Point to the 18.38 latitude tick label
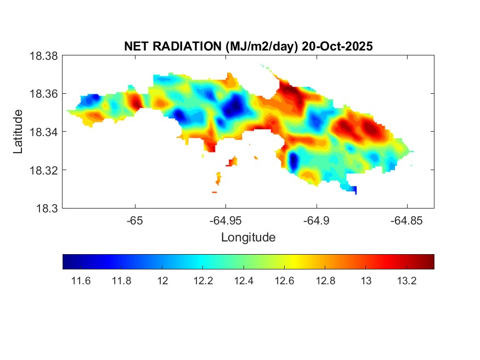pyautogui.click(x=43, y=55)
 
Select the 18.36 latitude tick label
pyautogui.click(x=43, y=94)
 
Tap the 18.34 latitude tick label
pyautogui.click(x=43, y=132)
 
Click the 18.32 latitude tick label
pyautogui.click(x=43, y=170)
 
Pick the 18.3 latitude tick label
pyautogui.click(x=46, y=208)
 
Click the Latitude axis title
pyautogui.click(x=19, y=132)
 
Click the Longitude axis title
pyautogui.click(x=248, y=238)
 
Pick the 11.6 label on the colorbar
pyautogui.click(x=81, y=281)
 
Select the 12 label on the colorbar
pyautogui.click(x=162, y=281)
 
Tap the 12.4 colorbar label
pyautogui.click(x=244, y=281)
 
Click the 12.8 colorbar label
pyautogui.click(x=325, y=281)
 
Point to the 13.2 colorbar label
pyautogui.click(x=407, y=281)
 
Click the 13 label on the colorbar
pyautogui.click(x=366, y=281)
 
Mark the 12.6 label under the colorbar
pyautogui.click(x=285, y=281)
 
